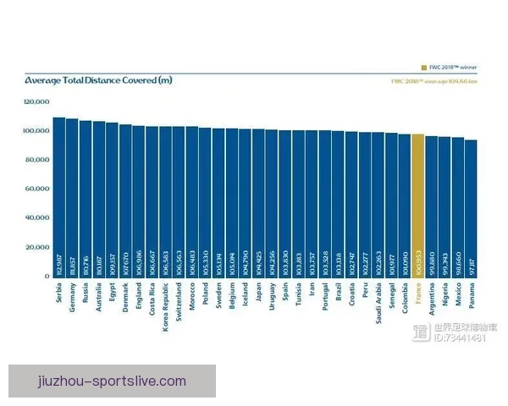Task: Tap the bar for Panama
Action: pyautogui.click(x=471, y=208)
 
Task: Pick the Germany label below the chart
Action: pyautogui.click(x=72, y=296)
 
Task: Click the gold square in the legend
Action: pyautogui.click(x=424, y=66)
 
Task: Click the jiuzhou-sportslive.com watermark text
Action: pyautogui.click(x=112, y=381)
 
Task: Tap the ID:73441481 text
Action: pyautogui.click(x=461, y=338)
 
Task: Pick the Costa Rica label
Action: pyautogui.click(x=152, y=299)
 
